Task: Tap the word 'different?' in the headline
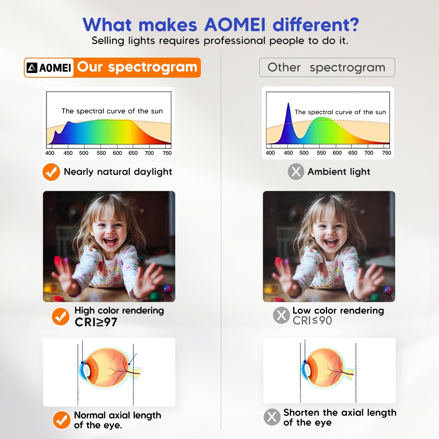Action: click(316, 25)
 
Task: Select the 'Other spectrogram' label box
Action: click(327, 67)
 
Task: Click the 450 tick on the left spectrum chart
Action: click(68, 153)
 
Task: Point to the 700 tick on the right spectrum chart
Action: click(368, 153)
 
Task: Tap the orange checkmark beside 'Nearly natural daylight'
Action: click(51, 172)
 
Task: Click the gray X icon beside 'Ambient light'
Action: click(296, 172)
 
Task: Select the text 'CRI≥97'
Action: click(96, 322)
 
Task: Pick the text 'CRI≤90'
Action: click(312, 320)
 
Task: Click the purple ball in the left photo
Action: click(167, 289)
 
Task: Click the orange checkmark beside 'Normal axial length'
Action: click(61, 420)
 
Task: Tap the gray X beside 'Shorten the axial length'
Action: click(272, 417)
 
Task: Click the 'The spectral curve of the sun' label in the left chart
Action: click(112, 111)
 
